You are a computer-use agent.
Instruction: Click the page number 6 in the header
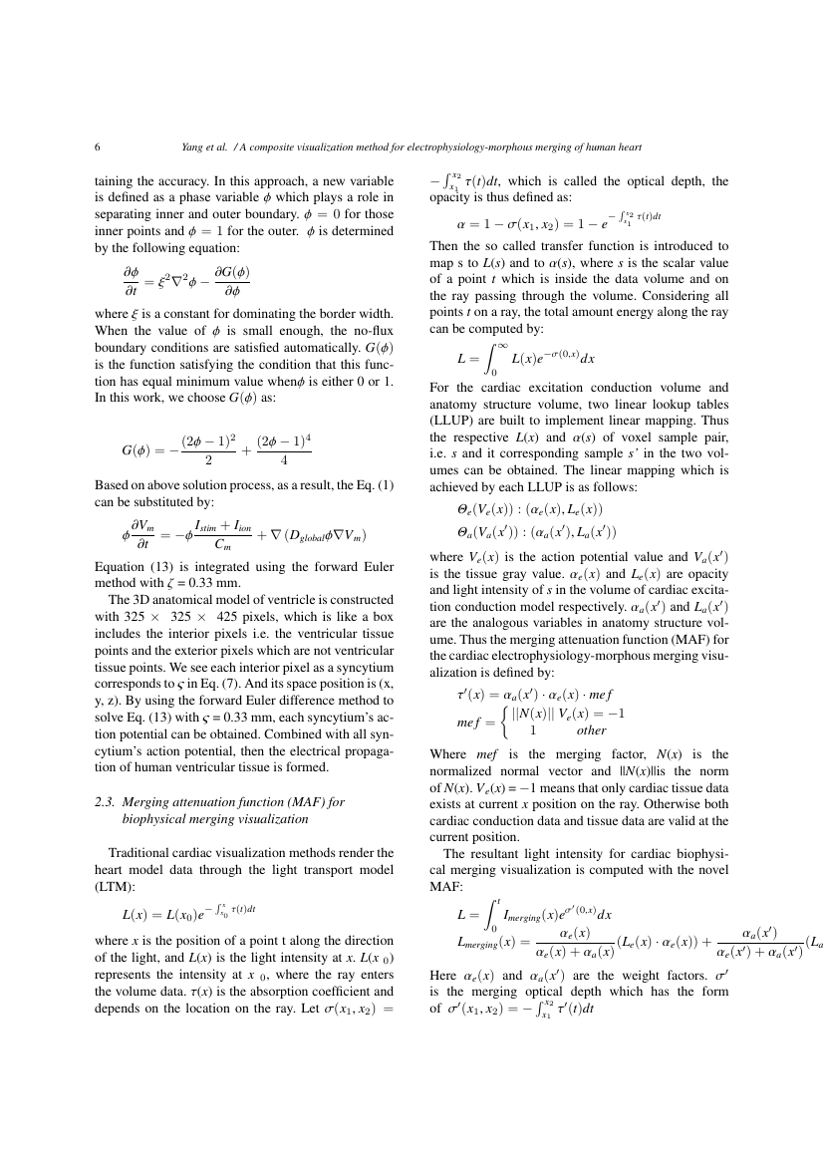tap(98, 147)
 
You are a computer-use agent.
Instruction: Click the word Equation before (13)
tap(122, 567)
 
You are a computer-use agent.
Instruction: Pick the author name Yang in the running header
tap(193, 147)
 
